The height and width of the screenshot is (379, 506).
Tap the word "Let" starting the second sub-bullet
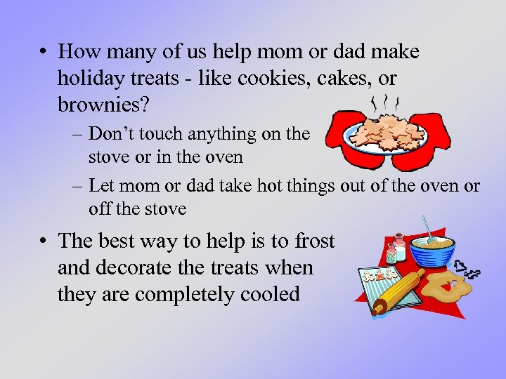103,186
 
